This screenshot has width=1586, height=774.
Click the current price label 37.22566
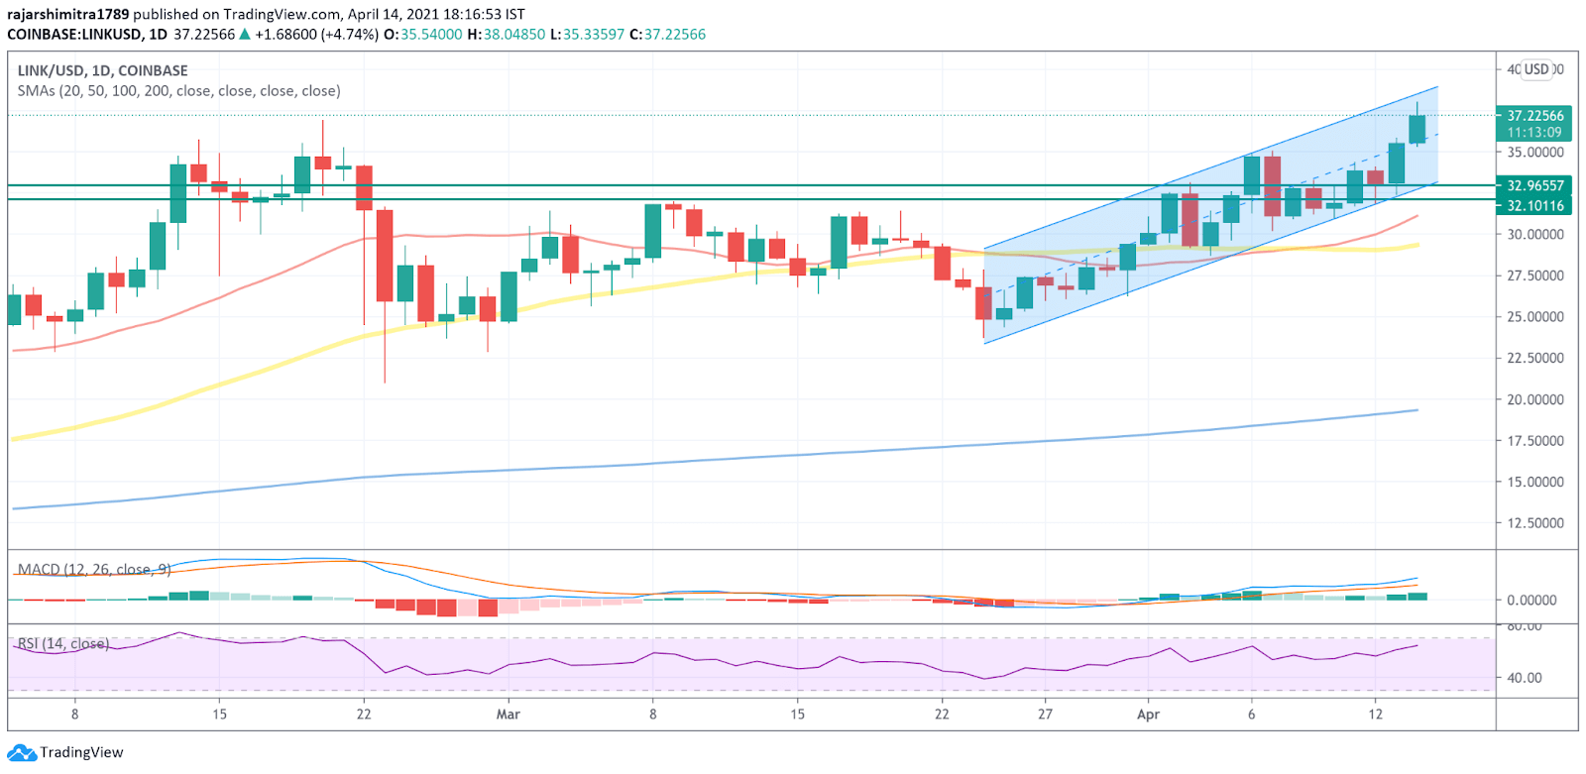(1534, 116)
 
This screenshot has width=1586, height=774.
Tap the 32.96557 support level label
(1534, 185)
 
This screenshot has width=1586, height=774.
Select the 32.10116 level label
(1534, 206)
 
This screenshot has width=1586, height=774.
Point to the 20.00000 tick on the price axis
(1535, 400)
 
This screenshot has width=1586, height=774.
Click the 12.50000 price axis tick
(1535, 523)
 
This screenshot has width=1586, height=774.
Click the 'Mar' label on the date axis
(508, 715)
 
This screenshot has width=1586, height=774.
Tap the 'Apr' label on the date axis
(1148, 715)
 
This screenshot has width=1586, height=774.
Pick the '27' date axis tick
(1045, 715)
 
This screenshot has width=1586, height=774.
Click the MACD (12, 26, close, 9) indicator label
(94, 570)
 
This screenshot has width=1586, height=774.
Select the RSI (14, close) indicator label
(62, 644)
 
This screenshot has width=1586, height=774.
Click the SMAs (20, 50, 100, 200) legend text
(178, 91)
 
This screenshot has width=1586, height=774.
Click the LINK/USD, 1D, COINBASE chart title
(102, 70)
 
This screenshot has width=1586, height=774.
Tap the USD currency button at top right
(1536, 69)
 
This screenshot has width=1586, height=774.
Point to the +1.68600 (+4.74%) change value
(316, 35)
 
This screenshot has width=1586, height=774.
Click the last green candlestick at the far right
(1417, 129)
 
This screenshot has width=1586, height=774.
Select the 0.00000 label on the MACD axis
(1531, 601)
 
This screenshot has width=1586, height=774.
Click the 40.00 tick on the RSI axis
(1525, 679)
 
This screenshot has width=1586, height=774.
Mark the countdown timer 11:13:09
(1534, 133)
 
